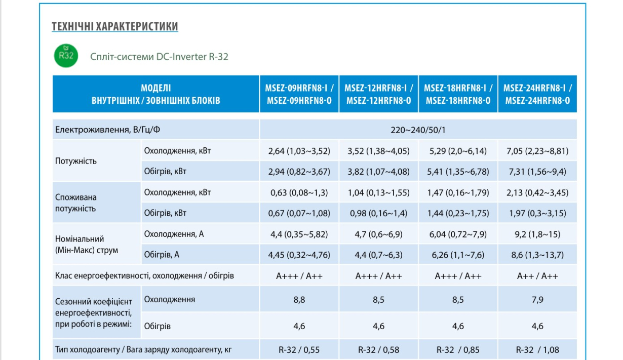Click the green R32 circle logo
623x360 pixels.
click(x=66, y=56)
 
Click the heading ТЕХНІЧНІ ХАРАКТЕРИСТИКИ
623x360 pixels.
click(x=115, y=26)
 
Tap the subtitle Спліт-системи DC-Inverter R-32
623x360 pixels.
click(x=159, y=57)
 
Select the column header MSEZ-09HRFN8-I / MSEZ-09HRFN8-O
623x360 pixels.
click(x=299, y=94)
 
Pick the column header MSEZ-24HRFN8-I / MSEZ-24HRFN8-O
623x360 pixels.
click(x=537, y=94)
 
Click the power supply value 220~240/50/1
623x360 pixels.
click(x=418, y=130)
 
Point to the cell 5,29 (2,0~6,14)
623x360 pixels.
click(x=458, y=151)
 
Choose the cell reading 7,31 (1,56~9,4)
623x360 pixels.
click(x=537, y=172)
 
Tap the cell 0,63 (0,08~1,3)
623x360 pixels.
click(x=299, y=192)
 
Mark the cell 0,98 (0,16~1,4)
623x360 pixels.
click(x=378, y=213)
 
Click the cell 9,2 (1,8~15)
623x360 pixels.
click(x=537, y=234)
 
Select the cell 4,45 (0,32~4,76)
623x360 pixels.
click(x=299, y=255)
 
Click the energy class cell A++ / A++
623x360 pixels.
click(x=537, y=276)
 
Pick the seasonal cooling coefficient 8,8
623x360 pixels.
click(x=299, y=300)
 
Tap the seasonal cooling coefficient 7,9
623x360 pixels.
click(x=537, y=300)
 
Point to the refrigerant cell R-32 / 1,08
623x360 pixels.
click(x=537, y=350)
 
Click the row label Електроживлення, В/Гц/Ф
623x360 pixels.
click(x=108, y=130)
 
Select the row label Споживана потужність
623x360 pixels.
click(x=76, y=203)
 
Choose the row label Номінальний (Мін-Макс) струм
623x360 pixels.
click(x=87, y=245)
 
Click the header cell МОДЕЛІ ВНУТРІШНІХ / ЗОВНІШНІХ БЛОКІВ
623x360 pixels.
click(x=156, y=94)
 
